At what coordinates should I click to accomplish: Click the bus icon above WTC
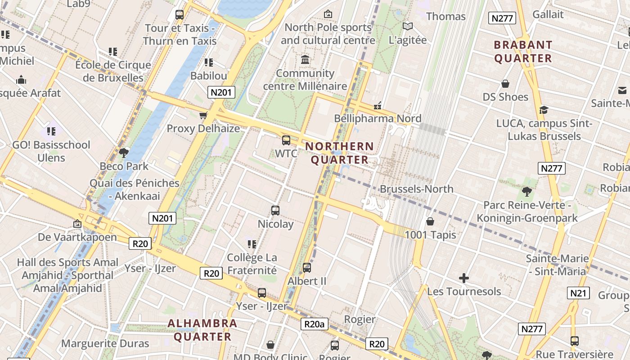(x=286, y=140)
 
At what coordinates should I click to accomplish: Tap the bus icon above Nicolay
(x=275, y=210)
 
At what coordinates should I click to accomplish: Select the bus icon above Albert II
(x=307, y=267)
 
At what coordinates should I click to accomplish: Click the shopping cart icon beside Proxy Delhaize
(x=203, y=116)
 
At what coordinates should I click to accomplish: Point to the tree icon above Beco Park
(x=124, y=153)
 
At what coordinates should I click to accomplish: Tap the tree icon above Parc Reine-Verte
(x=526, y=192)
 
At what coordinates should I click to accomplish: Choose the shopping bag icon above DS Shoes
(x=505, y=84)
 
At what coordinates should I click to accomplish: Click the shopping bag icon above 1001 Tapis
(x=430, y=221)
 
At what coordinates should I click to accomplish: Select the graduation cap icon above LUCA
(x=544, y=110)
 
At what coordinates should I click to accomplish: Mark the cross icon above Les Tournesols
(x=464, y=278)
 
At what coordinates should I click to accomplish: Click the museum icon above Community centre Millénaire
(x=305, y=59)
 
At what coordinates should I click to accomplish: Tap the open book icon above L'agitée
(x=408, y=27)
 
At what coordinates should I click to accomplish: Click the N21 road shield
(x=578, y=293)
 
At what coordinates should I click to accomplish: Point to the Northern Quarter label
(x=340, y=153)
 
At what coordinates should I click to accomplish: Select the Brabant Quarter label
(x=523, y=51)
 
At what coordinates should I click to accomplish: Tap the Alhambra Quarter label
(x=202, y=330)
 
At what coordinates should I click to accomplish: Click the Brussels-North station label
(x=417, y=189)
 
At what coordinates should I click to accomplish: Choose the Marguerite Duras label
(x=105, y=344)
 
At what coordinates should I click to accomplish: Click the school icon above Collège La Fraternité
(x=252, y=244)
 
